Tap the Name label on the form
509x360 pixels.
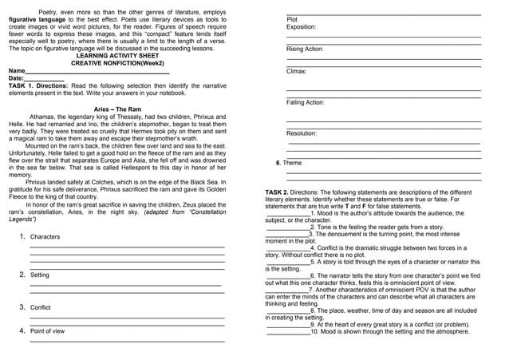point(17,71)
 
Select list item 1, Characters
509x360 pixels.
point(45,237)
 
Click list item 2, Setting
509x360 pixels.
point(39,275)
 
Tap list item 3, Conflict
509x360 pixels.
point(40,307)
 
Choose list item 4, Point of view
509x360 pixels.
point(47,330)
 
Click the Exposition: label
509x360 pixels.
point(301,27)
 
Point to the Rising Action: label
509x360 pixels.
point(305,49)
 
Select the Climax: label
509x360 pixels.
point(296,72)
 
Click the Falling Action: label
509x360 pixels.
point(306,103)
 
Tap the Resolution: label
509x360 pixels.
point(302,133)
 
